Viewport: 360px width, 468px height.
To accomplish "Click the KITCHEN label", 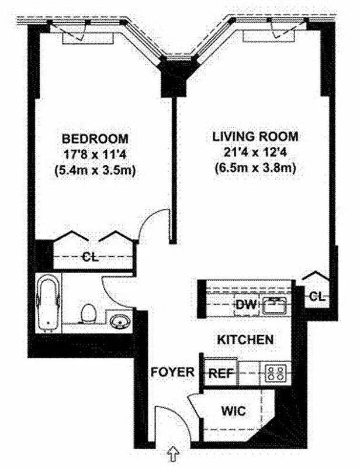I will (x=245, y=340).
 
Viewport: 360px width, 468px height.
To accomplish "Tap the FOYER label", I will (x=169, y=372).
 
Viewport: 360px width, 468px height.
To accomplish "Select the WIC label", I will (x=233, y=411).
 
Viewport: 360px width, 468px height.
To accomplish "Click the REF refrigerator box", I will (x=217, y=372).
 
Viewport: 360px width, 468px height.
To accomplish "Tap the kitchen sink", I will (x=274, y=304).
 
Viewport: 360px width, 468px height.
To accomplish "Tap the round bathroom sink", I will (x=120, y=321).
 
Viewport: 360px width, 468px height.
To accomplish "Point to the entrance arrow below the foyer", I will (x=173, y=452).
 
